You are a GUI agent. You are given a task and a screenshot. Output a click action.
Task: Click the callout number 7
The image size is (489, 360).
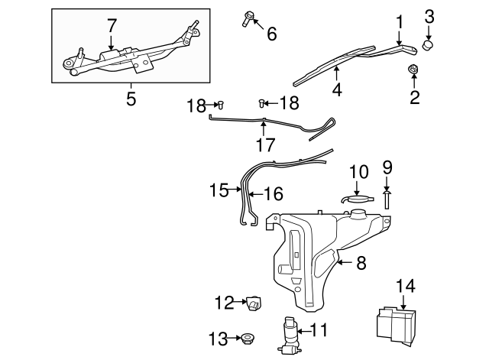point(112,25)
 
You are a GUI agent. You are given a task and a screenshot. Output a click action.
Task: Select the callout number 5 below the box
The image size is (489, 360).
point(131,99)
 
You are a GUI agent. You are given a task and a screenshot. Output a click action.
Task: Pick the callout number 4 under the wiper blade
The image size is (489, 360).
point(336,90)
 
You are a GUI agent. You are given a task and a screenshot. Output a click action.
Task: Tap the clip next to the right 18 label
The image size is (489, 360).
point(263,102)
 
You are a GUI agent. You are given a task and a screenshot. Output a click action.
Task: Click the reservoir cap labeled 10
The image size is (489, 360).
point(357,200)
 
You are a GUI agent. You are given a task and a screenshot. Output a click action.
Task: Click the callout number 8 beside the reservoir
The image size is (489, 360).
point(361,263)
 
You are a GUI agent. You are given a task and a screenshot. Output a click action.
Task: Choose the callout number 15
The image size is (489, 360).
point(220,190)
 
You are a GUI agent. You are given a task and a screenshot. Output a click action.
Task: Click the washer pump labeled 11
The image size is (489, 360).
point(291,334)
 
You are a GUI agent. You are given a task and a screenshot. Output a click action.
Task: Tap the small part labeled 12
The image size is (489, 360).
point(254,303)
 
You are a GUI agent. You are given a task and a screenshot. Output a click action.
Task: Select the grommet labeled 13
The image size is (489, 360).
point(247,337)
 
